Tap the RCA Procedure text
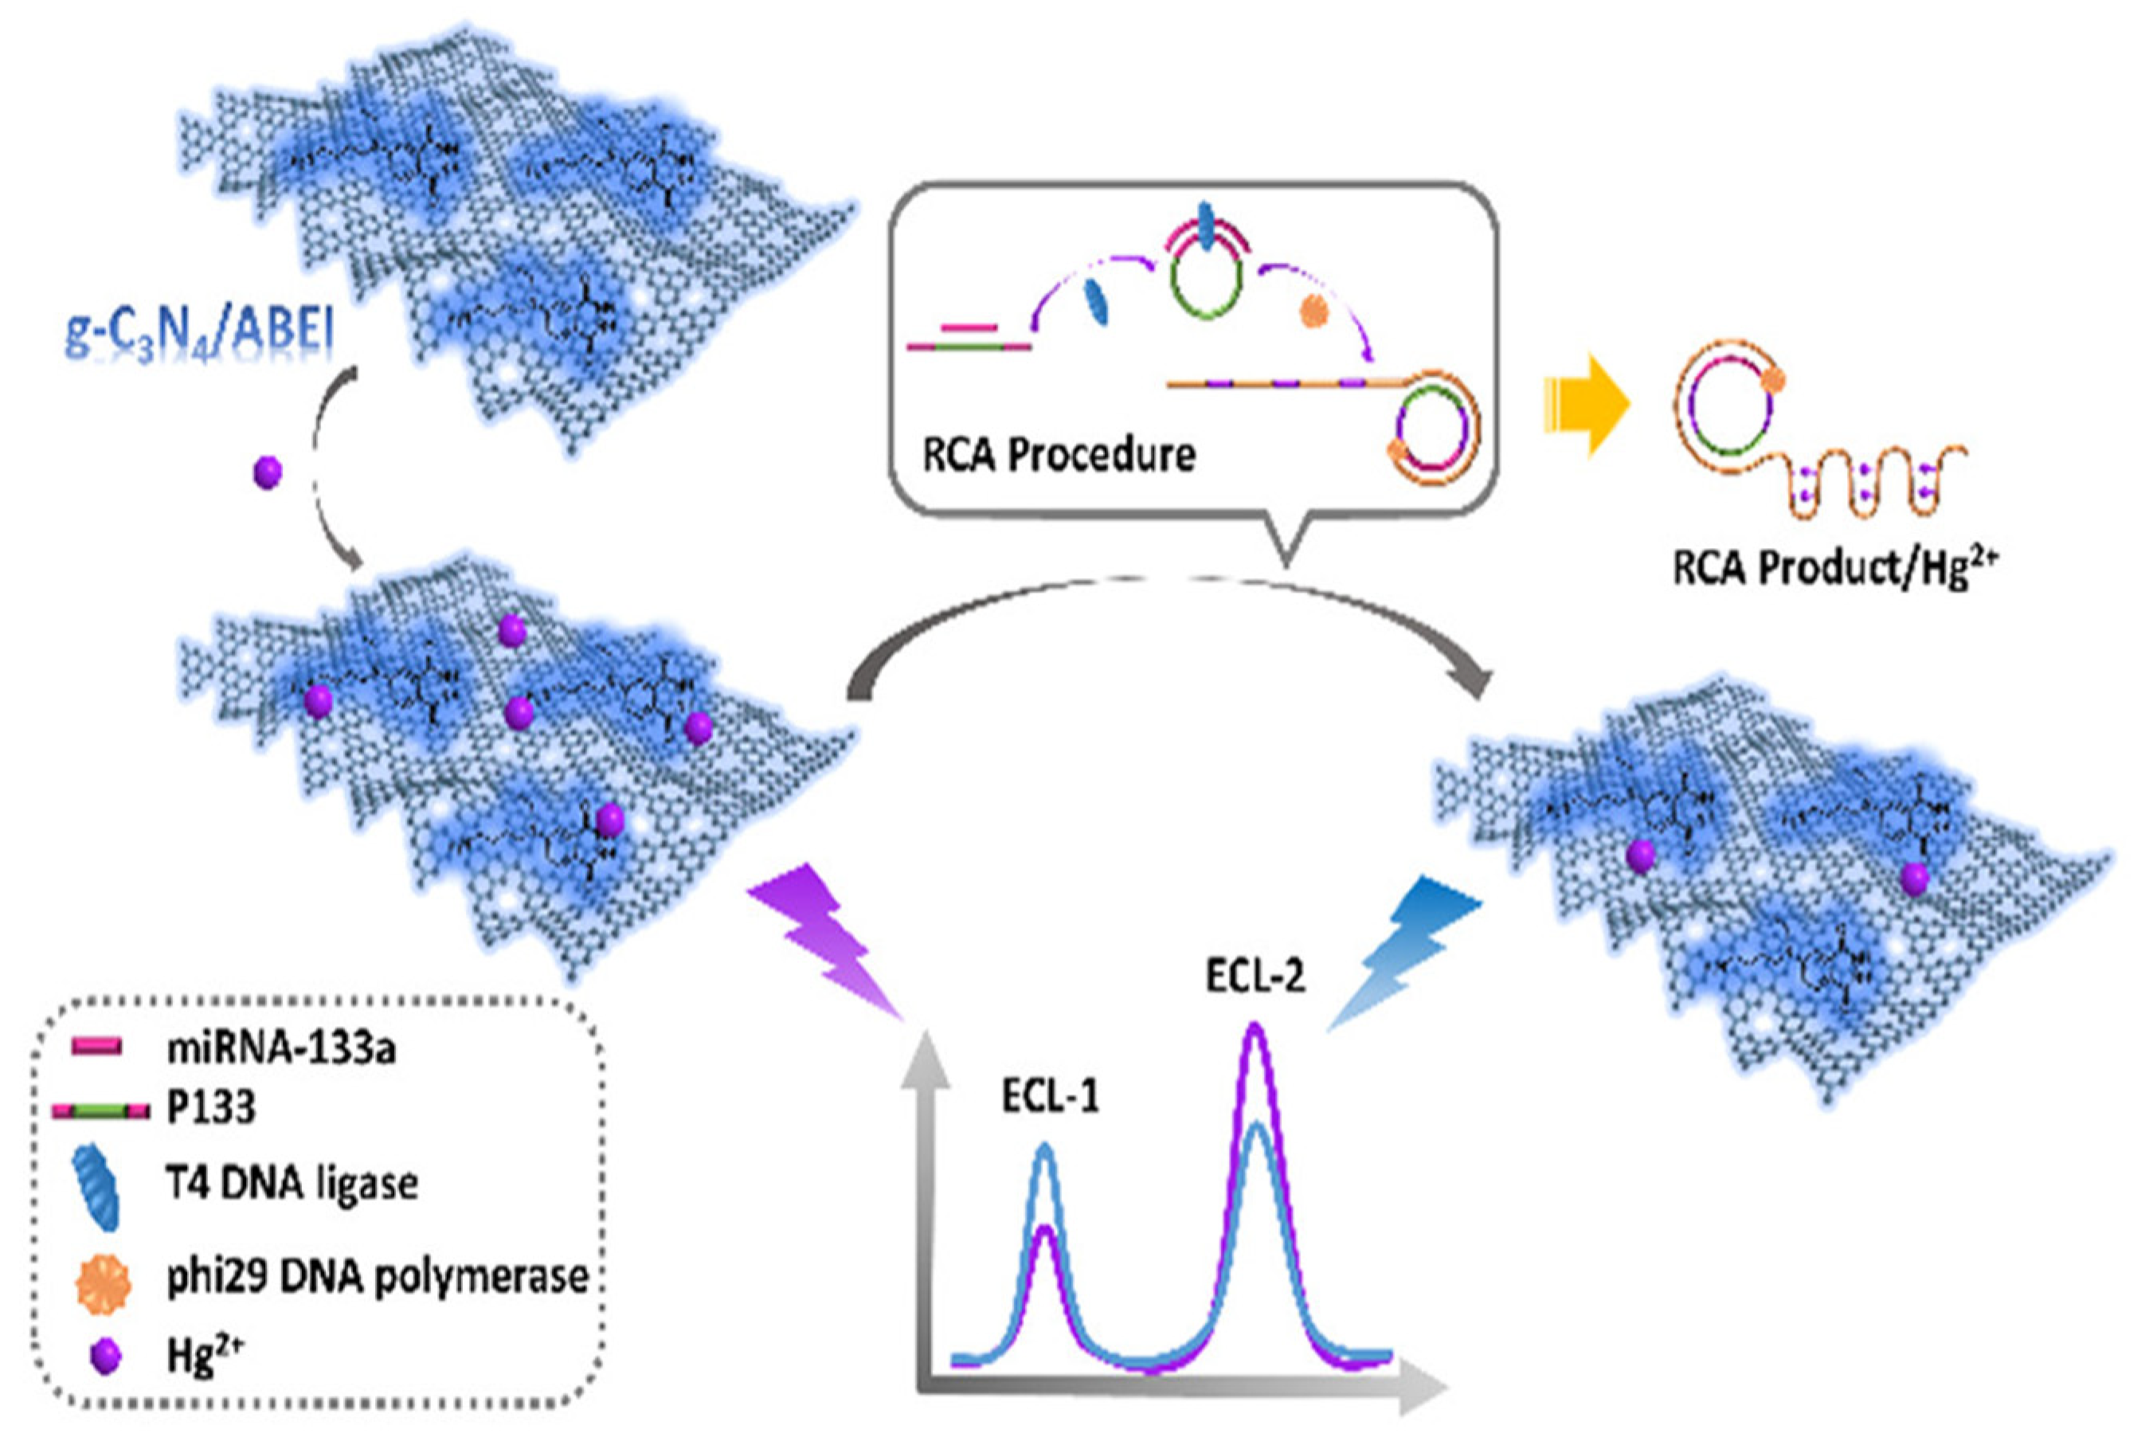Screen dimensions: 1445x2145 pos(1059,454)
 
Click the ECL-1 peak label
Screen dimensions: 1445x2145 pos(1051,1097)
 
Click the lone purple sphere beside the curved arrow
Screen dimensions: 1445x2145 pos(267,472)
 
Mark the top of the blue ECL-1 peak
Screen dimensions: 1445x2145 pos(1044,1147)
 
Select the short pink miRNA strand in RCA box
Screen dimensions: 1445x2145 pos(969,327)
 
